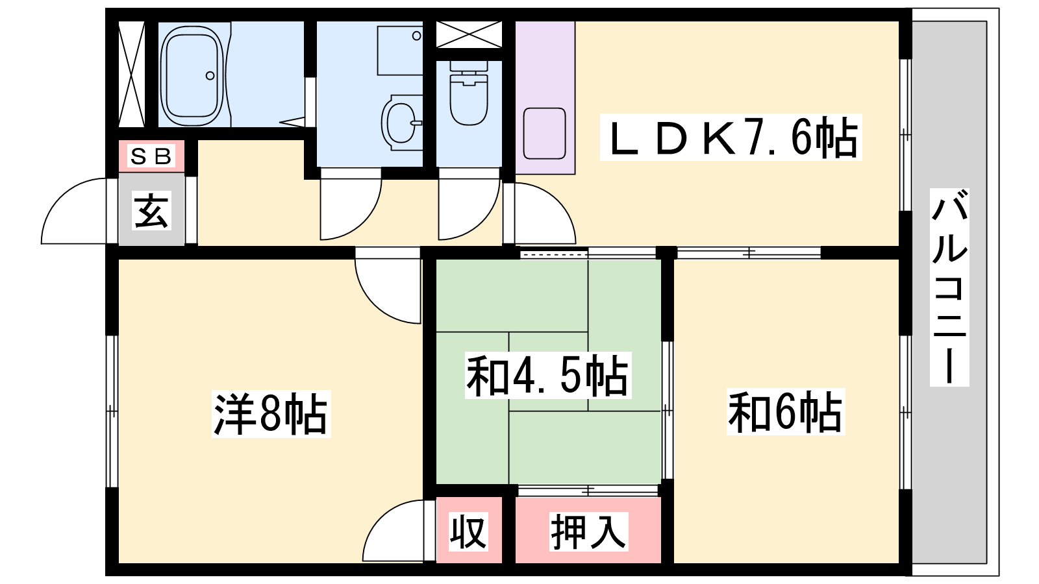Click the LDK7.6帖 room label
[x=731, y=138]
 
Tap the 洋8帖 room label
[x=271, y=414]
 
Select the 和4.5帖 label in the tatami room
[x=548, y=375]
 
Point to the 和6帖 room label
[x=784, y=412]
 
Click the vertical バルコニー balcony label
[x=949, y=287]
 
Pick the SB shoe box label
[x=151, y=156]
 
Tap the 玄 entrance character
[x=152, y=210]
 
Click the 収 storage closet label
[x=469, y=531]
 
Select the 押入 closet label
[x=588, y=531]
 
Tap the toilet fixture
[x=468, y=98]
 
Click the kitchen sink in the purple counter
[x=544, y=133]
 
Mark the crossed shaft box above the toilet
[x=469, y=34]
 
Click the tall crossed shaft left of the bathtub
[x=132, y=74]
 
